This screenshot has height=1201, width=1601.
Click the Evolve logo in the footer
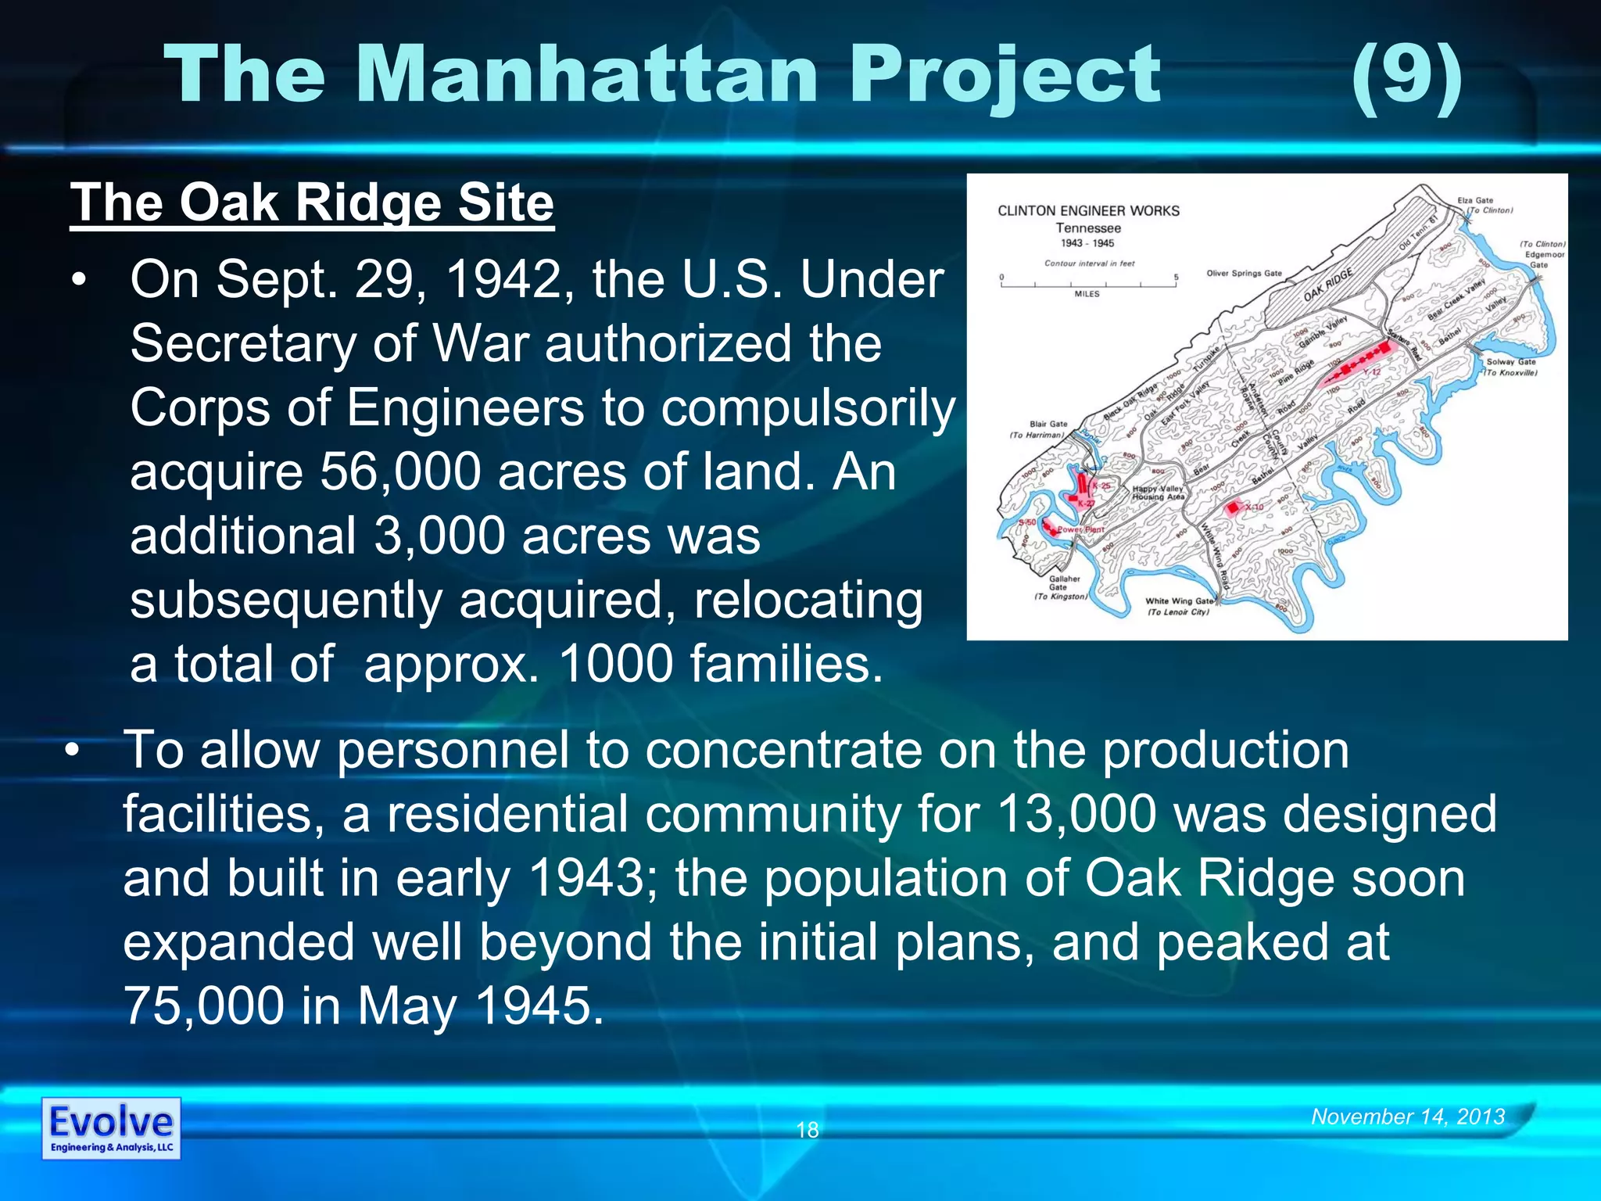click(111, 1128)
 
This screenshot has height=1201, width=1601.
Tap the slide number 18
click(807, 1130)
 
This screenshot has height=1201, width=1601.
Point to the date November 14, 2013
click(1408, 1117)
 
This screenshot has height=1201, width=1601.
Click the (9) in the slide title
click(1406, 76)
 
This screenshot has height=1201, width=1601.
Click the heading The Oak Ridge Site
click(312, 203)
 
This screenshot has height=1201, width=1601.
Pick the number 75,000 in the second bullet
click(203, 1006)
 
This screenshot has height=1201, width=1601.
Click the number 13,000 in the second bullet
click(1076, 814)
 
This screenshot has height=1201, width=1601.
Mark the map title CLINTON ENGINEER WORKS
click(1088, 211)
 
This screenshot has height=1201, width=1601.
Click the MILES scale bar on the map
click(1087, 284)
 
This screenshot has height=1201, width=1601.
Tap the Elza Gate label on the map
click(1475, 201)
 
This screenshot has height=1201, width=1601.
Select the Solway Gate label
click(1510, 362)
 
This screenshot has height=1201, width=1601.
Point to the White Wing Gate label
click(1179, 601)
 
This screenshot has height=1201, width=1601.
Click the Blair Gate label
click(1048, 425)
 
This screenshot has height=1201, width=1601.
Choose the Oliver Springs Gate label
click(1244, 274)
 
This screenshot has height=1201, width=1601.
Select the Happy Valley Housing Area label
click(1158, 493)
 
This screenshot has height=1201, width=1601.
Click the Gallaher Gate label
click(1064, 583)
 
